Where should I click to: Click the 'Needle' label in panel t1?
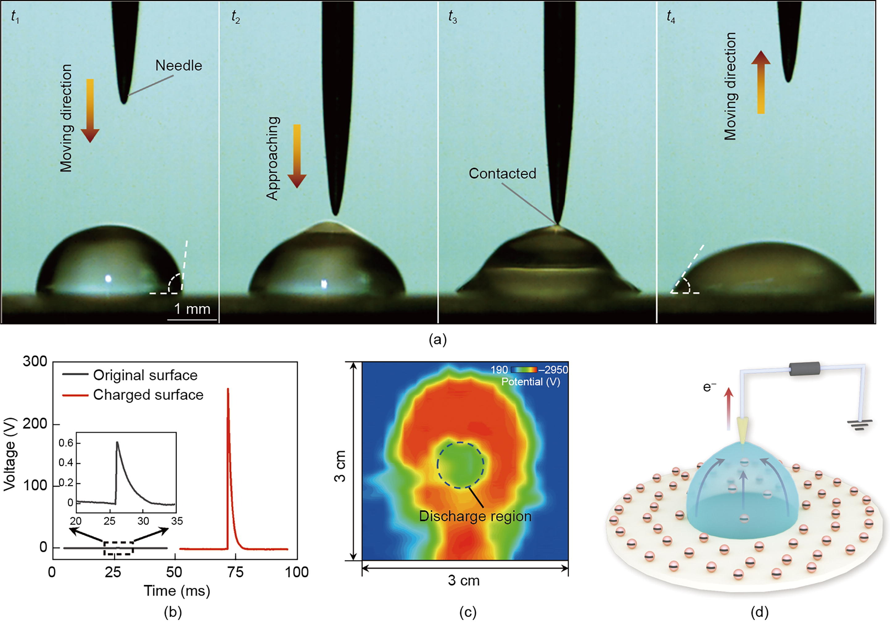point(179,65)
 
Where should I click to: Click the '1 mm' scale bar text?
point(192,309)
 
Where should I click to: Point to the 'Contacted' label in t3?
point(502,173)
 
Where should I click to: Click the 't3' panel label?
point(452,17)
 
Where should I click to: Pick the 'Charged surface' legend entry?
point(148,395)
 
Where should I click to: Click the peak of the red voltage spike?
point(228,389)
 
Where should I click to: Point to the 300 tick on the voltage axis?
point(35,361)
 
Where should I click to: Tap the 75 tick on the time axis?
point(236,572)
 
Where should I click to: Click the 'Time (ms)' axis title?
point(177,591)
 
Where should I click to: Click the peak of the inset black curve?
point(117,442)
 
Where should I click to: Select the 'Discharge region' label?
point(475,516)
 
